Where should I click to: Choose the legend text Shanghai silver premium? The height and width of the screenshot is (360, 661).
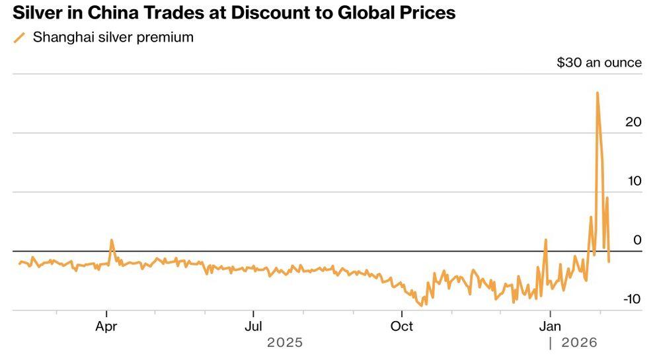[x=113, y=38]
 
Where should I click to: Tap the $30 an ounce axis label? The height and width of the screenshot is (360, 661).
[x=599, y=63]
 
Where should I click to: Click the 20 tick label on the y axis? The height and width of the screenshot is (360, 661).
[x=633, y=122]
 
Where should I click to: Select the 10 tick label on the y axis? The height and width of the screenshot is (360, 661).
[x=633, y=181]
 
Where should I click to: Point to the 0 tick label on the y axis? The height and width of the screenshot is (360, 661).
[x=637, y=240]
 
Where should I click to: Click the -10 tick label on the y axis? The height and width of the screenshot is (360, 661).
[x=631, y=299]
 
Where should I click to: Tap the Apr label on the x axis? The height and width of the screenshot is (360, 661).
[x=106, y=326]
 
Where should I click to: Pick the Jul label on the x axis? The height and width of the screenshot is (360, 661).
[x=253, y=326]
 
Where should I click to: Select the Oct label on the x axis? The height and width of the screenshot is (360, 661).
[x=401, y=326]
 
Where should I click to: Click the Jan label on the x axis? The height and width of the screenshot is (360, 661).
[x=550, y=326]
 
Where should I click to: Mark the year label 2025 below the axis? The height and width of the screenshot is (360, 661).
[x=285, y=343]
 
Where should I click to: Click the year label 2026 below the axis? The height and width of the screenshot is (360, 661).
[x=579, y=343]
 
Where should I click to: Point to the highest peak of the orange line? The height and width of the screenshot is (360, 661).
[x=598, y=93]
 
